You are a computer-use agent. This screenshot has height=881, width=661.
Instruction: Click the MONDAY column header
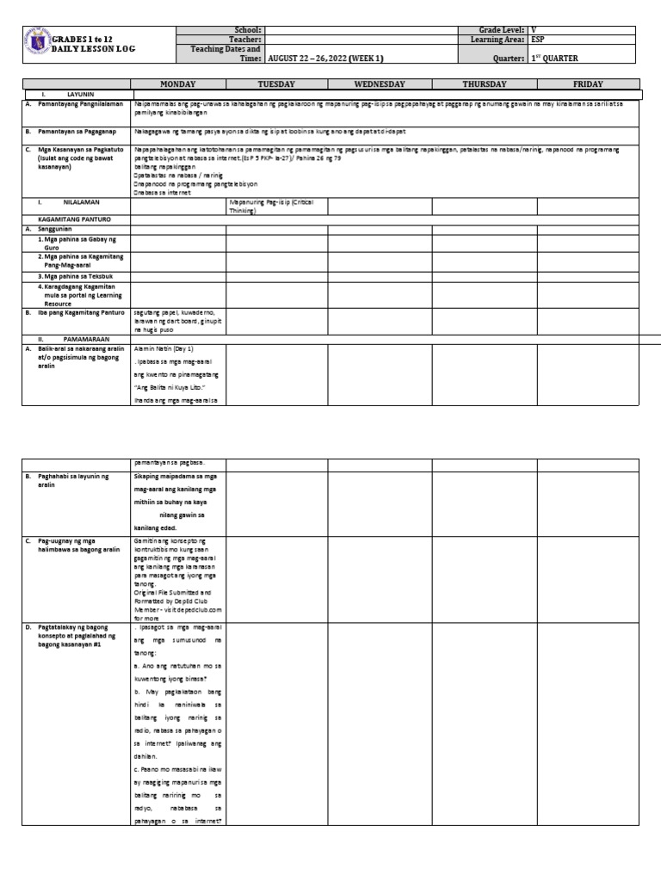coord(178,84)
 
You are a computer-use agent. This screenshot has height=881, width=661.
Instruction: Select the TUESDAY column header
coord(276,84)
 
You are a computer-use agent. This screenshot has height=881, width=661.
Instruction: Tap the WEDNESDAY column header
coord(380,84)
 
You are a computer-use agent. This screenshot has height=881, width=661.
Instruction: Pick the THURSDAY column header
coord(485,84)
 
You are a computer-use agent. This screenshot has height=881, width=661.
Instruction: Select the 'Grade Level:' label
coord(500,29)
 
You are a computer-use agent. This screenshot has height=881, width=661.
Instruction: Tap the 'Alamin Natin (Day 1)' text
coord(164,349)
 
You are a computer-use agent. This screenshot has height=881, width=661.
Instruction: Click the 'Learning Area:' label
coord(497,40)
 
